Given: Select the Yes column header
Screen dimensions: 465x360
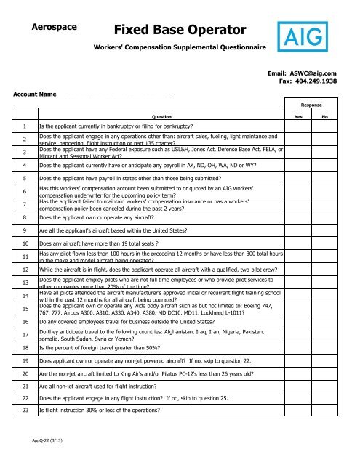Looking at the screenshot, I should (x=297, y=116).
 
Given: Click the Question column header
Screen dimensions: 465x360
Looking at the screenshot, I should (x=157, y=116).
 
